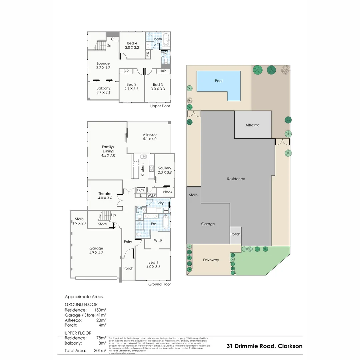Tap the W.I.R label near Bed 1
(158, 240)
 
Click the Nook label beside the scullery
(168, 192)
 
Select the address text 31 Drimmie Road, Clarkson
(264, 346)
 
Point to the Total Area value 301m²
(100, 350)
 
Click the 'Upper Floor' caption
(160, 106)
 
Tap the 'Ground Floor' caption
(159, 284)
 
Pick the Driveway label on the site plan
(211, 260)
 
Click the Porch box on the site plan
(235, 234)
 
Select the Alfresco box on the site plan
(252, 125)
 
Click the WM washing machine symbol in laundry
(166, 210)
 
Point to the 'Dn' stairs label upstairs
(109, 46)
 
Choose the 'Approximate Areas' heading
(84, 297)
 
